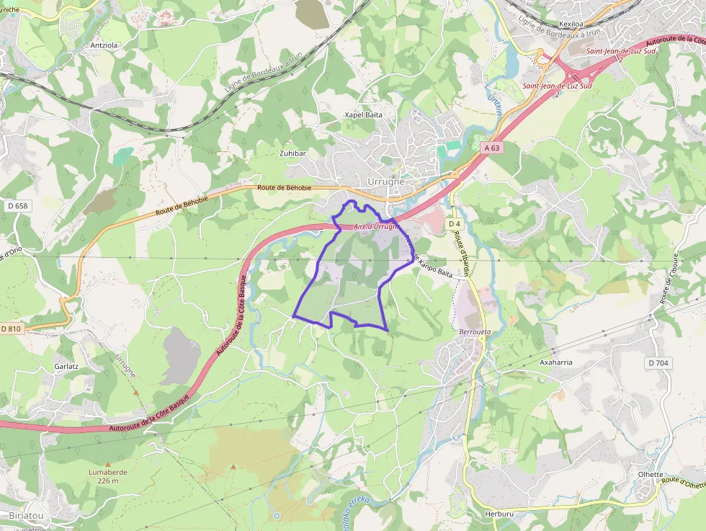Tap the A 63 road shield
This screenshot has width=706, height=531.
coord(491,147)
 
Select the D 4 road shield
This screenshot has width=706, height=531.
coord(454,224)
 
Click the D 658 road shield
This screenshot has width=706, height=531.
coord(17,206)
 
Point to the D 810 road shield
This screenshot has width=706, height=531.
coord(12,329)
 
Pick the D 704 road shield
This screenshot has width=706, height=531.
coord(658,363)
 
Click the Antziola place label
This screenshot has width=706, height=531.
coord(103,45)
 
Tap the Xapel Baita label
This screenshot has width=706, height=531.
coord(363,115)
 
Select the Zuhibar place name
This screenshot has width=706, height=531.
coord(293,153)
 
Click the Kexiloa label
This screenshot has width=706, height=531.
coord(570,24)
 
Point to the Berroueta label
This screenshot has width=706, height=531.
coord(474,332)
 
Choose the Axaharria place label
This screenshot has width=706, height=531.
coord(556,362)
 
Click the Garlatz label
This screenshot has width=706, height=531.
coord(66,366)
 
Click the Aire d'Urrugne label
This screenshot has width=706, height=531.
coord(375,227)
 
